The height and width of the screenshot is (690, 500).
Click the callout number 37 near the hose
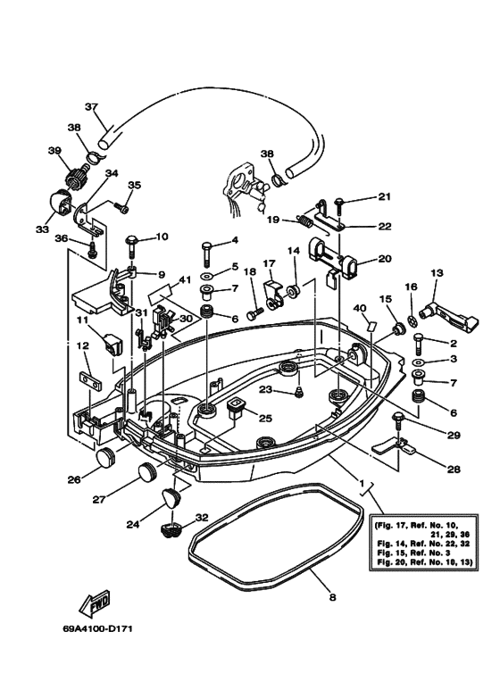point(89,106)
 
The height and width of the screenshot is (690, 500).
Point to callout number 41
point(184,279)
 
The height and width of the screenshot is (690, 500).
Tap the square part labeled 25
point(237,408)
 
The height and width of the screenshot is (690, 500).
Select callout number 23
point(265,389)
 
